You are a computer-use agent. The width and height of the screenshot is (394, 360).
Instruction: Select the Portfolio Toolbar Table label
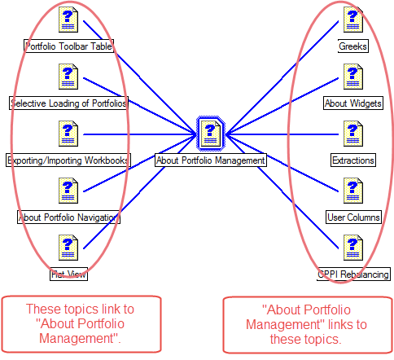68,46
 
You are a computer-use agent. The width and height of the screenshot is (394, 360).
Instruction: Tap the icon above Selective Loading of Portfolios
68,77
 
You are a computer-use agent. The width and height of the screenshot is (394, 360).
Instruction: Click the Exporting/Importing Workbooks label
68,160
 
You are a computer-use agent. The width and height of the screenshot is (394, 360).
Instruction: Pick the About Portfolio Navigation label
69,217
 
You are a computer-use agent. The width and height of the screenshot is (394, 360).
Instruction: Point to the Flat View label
68,274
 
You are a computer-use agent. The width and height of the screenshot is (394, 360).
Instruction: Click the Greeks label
352,46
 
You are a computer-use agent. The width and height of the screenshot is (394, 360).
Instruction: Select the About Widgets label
352,103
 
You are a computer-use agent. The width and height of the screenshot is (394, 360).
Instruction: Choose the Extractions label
352,160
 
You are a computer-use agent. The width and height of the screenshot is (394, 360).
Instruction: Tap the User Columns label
352,217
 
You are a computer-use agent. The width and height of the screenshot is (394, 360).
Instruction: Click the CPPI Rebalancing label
353,274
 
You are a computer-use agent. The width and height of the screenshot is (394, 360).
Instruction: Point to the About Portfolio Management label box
211,160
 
